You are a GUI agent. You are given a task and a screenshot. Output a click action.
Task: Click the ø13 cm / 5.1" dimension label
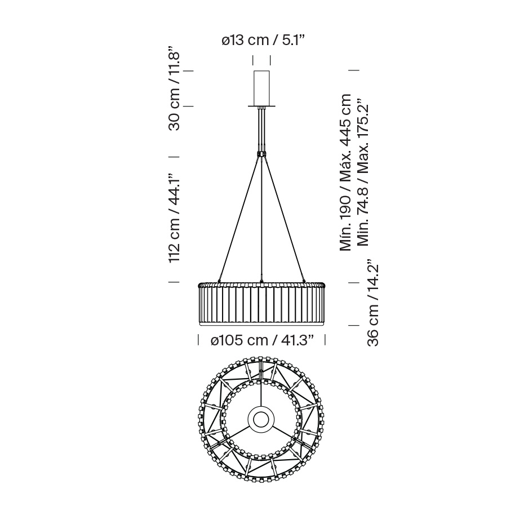tap(263, 41)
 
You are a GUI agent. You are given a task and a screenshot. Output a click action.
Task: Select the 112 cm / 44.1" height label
tap(175, 218)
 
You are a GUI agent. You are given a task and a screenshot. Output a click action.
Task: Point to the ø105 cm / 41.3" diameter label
tap(263, 340)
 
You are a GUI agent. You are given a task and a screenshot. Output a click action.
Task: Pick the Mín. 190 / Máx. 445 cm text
tap(345, 172)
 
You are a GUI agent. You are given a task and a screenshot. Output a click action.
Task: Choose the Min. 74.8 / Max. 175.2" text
tap(363, 172)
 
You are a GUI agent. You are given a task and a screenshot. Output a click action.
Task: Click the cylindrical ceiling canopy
tap(261, 88)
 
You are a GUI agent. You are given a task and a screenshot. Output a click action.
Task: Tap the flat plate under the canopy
tap(261, 106)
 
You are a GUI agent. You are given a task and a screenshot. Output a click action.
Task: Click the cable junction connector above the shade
tap(261, 154)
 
